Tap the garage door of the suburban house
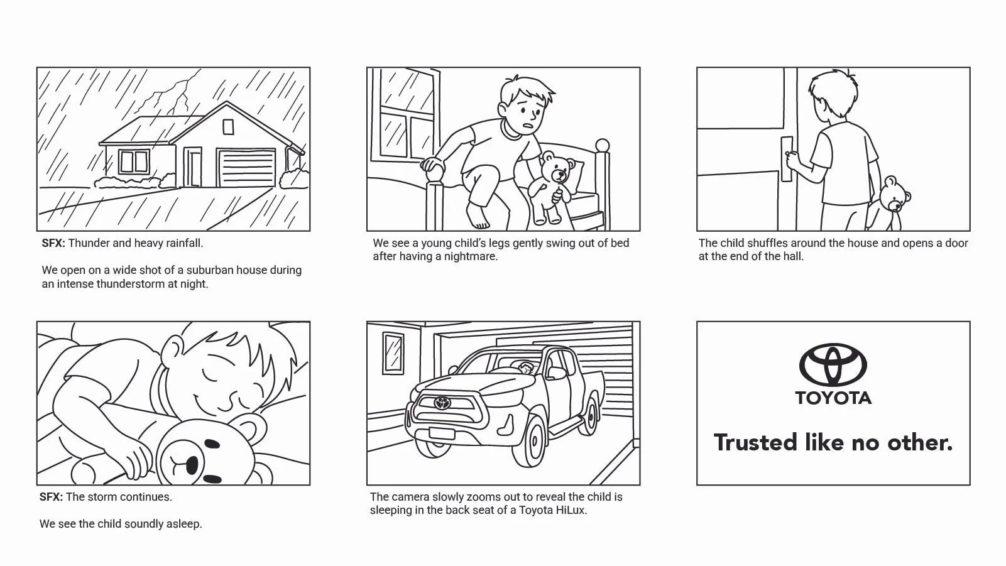click(x=246, y=168)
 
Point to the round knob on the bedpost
click(x=602, y=146)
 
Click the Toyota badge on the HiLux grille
click(x=443, y=403)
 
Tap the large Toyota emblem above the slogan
click(x=833, y=364)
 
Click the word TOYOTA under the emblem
click(x=833, y=398)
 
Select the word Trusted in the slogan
click(x=755, y=442)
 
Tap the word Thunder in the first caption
click(x=88, y=243)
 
